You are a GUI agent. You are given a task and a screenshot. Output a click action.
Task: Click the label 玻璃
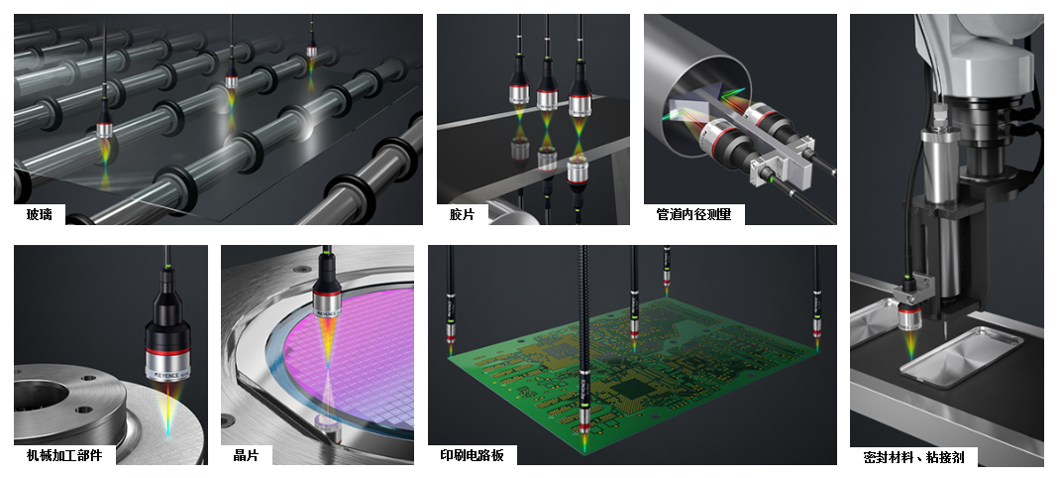point(40,214)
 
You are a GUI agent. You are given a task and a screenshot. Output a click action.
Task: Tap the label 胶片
point(462,214)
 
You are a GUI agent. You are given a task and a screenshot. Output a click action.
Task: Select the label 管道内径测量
point(693,214)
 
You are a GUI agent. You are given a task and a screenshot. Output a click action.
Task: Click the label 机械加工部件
point(64,455)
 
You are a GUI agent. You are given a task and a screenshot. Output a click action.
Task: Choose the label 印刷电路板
point(473,455)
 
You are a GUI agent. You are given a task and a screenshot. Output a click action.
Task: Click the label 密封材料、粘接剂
point(913,457)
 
